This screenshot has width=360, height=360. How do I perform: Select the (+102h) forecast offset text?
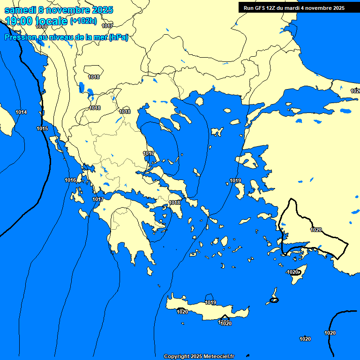coord(83,21)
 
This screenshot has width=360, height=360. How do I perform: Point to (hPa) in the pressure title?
coord(118,37)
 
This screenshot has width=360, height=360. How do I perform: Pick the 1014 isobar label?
coord(21,112)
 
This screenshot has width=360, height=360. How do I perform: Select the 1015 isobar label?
coord(42,128)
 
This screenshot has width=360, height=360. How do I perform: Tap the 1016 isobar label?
coord(70,180)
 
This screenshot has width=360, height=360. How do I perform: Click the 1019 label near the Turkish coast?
coord(235,180)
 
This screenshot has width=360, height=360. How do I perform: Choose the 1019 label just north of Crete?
coord(210,302)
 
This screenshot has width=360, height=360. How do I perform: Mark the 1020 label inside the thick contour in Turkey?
coord(316,230)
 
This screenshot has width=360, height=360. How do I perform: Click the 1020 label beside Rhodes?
coord(292,272)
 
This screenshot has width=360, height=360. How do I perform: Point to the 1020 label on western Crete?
coord(182,312)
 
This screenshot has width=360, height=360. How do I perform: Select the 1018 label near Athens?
coord(174,202)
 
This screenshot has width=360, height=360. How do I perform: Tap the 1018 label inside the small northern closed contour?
coord(94,77)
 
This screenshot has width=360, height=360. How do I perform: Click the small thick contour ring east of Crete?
coord(274,300)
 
